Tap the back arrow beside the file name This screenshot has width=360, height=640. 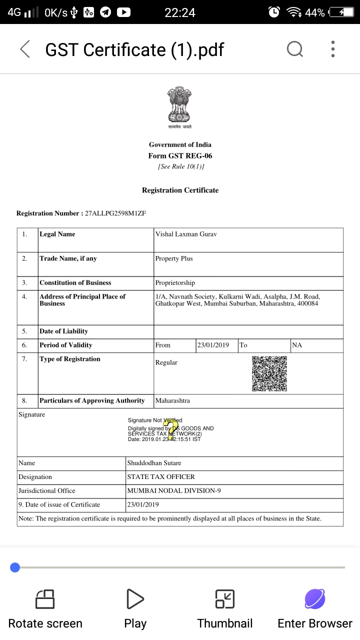coord(25,49)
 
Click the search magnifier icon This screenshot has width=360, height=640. coord(295,49)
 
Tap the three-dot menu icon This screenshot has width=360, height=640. coord(333,49)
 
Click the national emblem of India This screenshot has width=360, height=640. coord(180,105)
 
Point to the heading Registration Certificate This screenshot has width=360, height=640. coord(180,190)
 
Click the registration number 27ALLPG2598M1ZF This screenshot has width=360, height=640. coord(115,213)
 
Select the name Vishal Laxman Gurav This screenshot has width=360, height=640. coord(186,234)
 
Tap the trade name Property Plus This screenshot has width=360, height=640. coord(174,258)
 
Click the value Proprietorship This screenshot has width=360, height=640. coord(175,283)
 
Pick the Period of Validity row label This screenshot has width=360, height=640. coord(66,345)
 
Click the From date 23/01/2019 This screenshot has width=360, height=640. coord(213,345)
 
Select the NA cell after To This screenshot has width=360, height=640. coord(297,345)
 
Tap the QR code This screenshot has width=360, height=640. coord(269,373)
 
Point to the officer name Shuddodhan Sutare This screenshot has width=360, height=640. coord(154,463)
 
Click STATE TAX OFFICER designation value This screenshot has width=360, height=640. coord(161,477)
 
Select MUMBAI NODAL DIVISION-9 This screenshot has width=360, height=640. coord(174,491)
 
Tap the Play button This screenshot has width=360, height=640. coord(135,598)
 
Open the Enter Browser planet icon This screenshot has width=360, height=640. coord(315,598)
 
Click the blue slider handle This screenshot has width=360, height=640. coord(15,567)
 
